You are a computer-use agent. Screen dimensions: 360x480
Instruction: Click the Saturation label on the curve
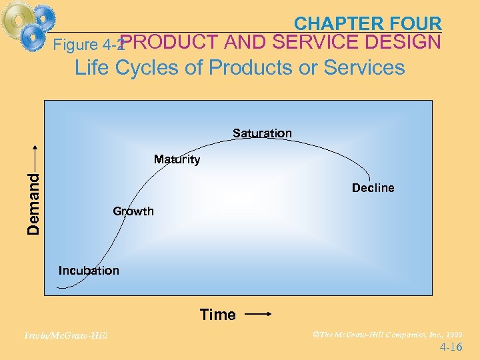pyautogui.click(x=262, y=133)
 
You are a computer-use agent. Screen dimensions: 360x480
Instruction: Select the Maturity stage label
pyautogui.click(x=177, y=159)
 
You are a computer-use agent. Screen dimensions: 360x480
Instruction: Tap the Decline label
pyautogui.click(x=373, y=188)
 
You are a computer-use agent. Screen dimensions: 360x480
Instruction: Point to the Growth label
pyautogui.click(x=133, y=211)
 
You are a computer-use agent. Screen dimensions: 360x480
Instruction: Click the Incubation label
pyautogui.click(x=89, y=271)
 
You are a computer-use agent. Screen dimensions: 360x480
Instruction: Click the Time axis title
pyautogui.click(x=218, y=315)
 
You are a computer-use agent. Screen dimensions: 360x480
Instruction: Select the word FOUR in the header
pyautogui.click(x=415, y=24)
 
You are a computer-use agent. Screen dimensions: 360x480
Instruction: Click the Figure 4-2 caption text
pyautogui.click(x=87, y=45)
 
